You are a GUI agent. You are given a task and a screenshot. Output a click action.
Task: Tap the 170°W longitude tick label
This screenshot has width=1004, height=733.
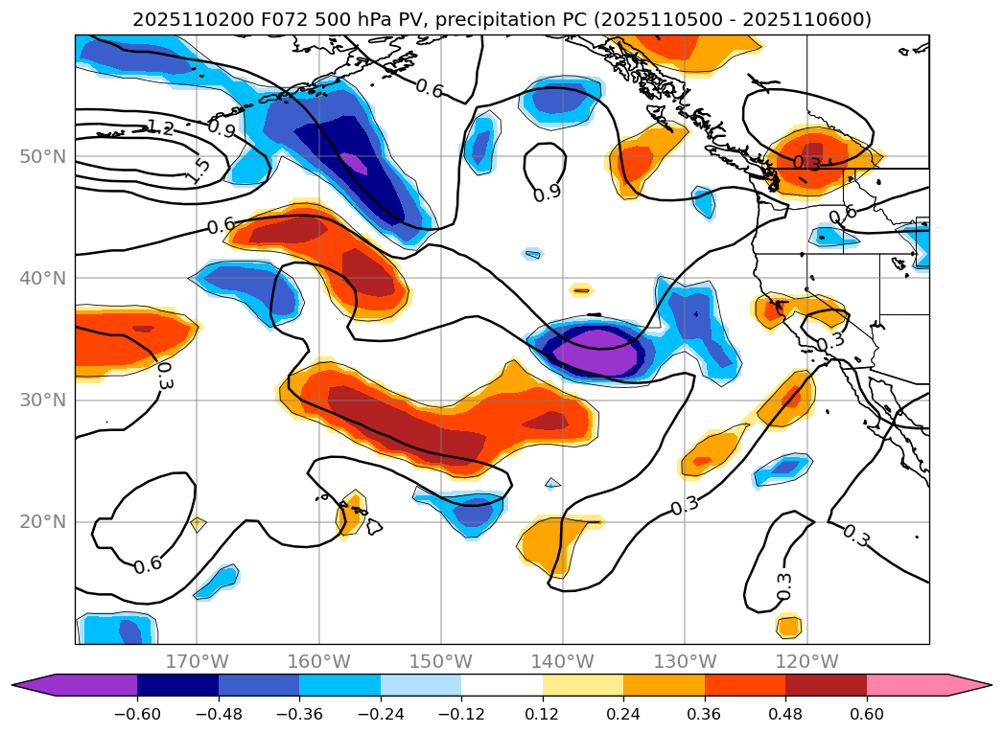click(x=197, y=661)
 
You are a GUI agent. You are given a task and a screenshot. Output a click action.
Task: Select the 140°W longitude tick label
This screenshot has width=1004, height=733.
click(x=562, y=661)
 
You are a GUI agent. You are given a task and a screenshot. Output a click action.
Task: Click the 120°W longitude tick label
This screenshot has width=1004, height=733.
click(x=806, y=661)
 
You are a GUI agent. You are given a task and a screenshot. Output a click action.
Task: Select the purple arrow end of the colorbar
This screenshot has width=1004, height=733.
click(x=29, y=685)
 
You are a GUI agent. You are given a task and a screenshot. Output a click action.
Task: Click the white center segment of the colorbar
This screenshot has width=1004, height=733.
click(x=502, y=685)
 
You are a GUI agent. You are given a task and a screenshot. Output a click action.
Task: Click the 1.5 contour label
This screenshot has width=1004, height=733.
click(x=198, y=171)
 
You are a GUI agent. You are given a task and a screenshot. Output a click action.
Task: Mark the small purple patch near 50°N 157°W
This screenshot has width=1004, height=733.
click(x=354, y=163)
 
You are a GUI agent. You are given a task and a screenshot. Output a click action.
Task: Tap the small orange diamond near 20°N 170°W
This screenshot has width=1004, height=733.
click(x=198, y=524)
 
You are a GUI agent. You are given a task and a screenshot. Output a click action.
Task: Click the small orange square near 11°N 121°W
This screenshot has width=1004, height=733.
click(x=788, y=627)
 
